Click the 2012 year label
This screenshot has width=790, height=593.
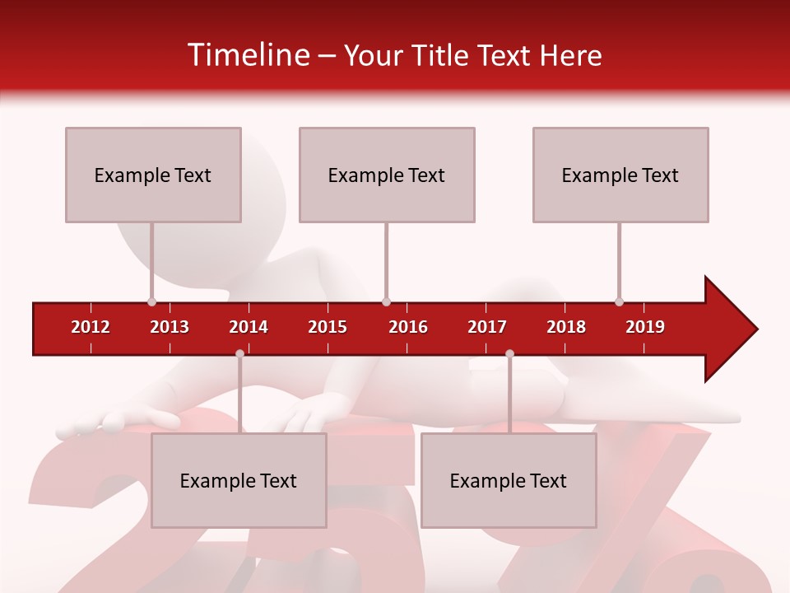(x=91, y=327)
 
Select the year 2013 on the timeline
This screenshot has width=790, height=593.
(x=170, y=327)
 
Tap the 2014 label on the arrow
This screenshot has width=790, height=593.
(x=249, y=327)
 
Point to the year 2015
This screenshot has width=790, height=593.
(x=328, y=327)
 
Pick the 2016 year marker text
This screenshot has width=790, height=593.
(x=408, y=327)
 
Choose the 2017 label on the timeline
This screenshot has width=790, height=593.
(x=487, y=327)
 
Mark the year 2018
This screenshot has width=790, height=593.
(x=566, y=327)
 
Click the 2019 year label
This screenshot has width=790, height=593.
(x=645, y=327)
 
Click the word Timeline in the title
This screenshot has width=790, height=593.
(x=247, y=55)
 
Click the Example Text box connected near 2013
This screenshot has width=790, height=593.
(x=153, y=175)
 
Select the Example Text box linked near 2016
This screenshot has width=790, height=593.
(x=387, y=175)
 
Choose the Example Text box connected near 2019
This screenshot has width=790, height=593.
(x=620, y=175)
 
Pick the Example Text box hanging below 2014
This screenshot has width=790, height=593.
(x=239, y=480)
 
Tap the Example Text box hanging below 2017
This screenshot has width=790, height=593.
(x=509, y=480)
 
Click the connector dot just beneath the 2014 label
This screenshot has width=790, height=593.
(x=239, y=353)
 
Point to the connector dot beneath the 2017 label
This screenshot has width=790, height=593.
(x=509, y=353)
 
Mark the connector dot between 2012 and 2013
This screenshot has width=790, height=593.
(x=151, y=301)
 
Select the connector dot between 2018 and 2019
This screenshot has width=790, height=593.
(x=619, y=301)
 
